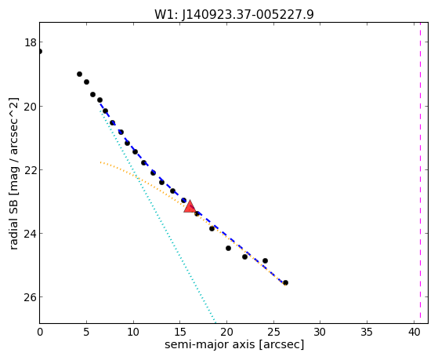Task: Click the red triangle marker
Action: pos(190,207)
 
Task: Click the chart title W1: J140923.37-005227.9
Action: pos(234,14)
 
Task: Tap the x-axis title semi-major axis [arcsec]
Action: pos(234,344)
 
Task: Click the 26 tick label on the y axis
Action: pos(31,297)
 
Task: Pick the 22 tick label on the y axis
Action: pos(31,170)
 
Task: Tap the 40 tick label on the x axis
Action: pos(414,333)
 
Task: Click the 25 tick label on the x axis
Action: pos(273,333)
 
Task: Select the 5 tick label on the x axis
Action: pos(86,333)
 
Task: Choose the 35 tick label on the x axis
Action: pos(367,333)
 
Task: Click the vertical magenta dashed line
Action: pos(420,173)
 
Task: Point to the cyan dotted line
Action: pos(157,216)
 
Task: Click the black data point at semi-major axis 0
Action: pos(40,51)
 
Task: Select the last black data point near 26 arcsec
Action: pos(285,283)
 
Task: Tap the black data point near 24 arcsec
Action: pos(265,260)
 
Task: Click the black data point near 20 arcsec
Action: pos(228,248)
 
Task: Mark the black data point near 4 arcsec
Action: pos(79,75)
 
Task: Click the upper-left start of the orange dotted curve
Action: pos(100,162)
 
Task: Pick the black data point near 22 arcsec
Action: pos(244,256)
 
